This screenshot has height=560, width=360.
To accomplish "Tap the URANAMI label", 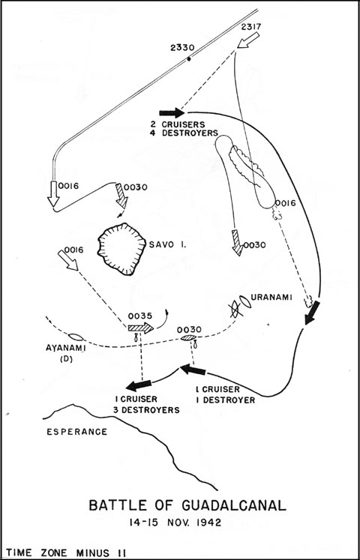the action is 271,296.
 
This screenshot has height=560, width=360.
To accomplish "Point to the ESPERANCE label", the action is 76,432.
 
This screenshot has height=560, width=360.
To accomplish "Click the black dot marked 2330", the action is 188,59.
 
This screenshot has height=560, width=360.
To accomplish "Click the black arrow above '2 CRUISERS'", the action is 172,113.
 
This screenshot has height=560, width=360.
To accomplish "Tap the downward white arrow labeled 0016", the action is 53,193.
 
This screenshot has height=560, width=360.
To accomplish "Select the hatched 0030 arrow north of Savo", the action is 121,196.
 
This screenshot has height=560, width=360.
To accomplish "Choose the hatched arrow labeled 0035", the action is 141,328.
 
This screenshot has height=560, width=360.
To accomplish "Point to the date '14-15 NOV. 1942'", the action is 175,523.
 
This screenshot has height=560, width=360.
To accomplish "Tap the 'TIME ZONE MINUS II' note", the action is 65,553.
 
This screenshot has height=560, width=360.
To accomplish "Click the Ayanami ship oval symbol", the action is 76,337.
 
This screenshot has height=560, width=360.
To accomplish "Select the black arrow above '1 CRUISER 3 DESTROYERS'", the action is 139,385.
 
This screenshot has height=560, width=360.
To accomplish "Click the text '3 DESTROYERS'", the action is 146,410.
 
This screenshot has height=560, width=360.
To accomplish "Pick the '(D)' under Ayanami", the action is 66,359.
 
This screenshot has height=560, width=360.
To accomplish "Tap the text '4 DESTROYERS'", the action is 185,133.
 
